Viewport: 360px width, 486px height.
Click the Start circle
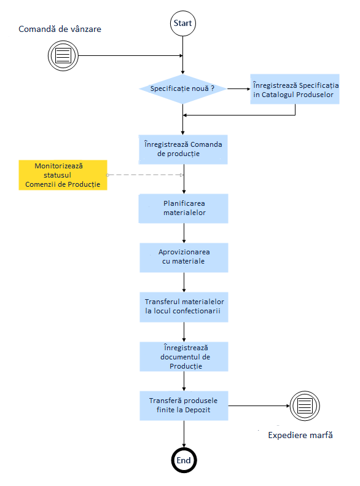tap(183, 23)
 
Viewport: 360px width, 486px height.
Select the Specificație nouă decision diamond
tap(183, 88)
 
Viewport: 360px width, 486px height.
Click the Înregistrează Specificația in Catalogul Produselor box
tap(295, 89)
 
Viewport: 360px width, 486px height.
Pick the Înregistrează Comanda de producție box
tap(183, 149)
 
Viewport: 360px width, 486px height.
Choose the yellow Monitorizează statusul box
tap(63, 175)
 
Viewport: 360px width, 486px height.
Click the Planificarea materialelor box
tap(184, 209)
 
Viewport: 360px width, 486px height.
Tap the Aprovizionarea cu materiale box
tap(184, 257)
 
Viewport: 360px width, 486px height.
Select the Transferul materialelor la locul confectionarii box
tap(184, 307)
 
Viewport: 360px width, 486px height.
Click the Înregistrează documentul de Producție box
tap(184, 356)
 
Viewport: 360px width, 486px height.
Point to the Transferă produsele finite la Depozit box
tap(184, 406)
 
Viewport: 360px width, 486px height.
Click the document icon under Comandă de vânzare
tap(63, 56)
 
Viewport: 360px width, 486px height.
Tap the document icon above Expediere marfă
tap(305, 406)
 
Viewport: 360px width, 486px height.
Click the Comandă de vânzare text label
tap(60, 29)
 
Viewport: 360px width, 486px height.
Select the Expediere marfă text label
tap(300, 435)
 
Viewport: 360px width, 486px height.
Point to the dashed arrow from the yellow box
tap(146, 175)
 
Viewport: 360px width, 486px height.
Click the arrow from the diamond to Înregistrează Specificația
tap(239, 89)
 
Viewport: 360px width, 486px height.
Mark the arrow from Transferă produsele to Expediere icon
tap(259, 406)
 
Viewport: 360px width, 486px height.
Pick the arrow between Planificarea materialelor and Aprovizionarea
tap(184, 233)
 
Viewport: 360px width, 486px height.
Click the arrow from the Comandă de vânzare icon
tap(131, 56)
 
